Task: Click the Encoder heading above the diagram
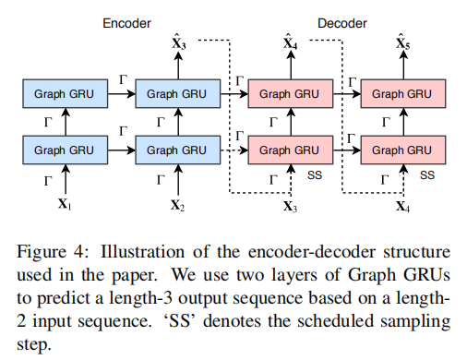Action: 127,22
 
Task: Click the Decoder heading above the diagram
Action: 344,22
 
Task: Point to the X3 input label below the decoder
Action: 291,206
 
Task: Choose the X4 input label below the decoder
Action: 403,206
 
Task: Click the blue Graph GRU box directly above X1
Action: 65,149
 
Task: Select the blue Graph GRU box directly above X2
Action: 178,149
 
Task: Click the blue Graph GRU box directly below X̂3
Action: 178,93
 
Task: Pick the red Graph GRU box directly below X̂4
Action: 291,93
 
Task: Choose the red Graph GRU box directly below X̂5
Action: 403,93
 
